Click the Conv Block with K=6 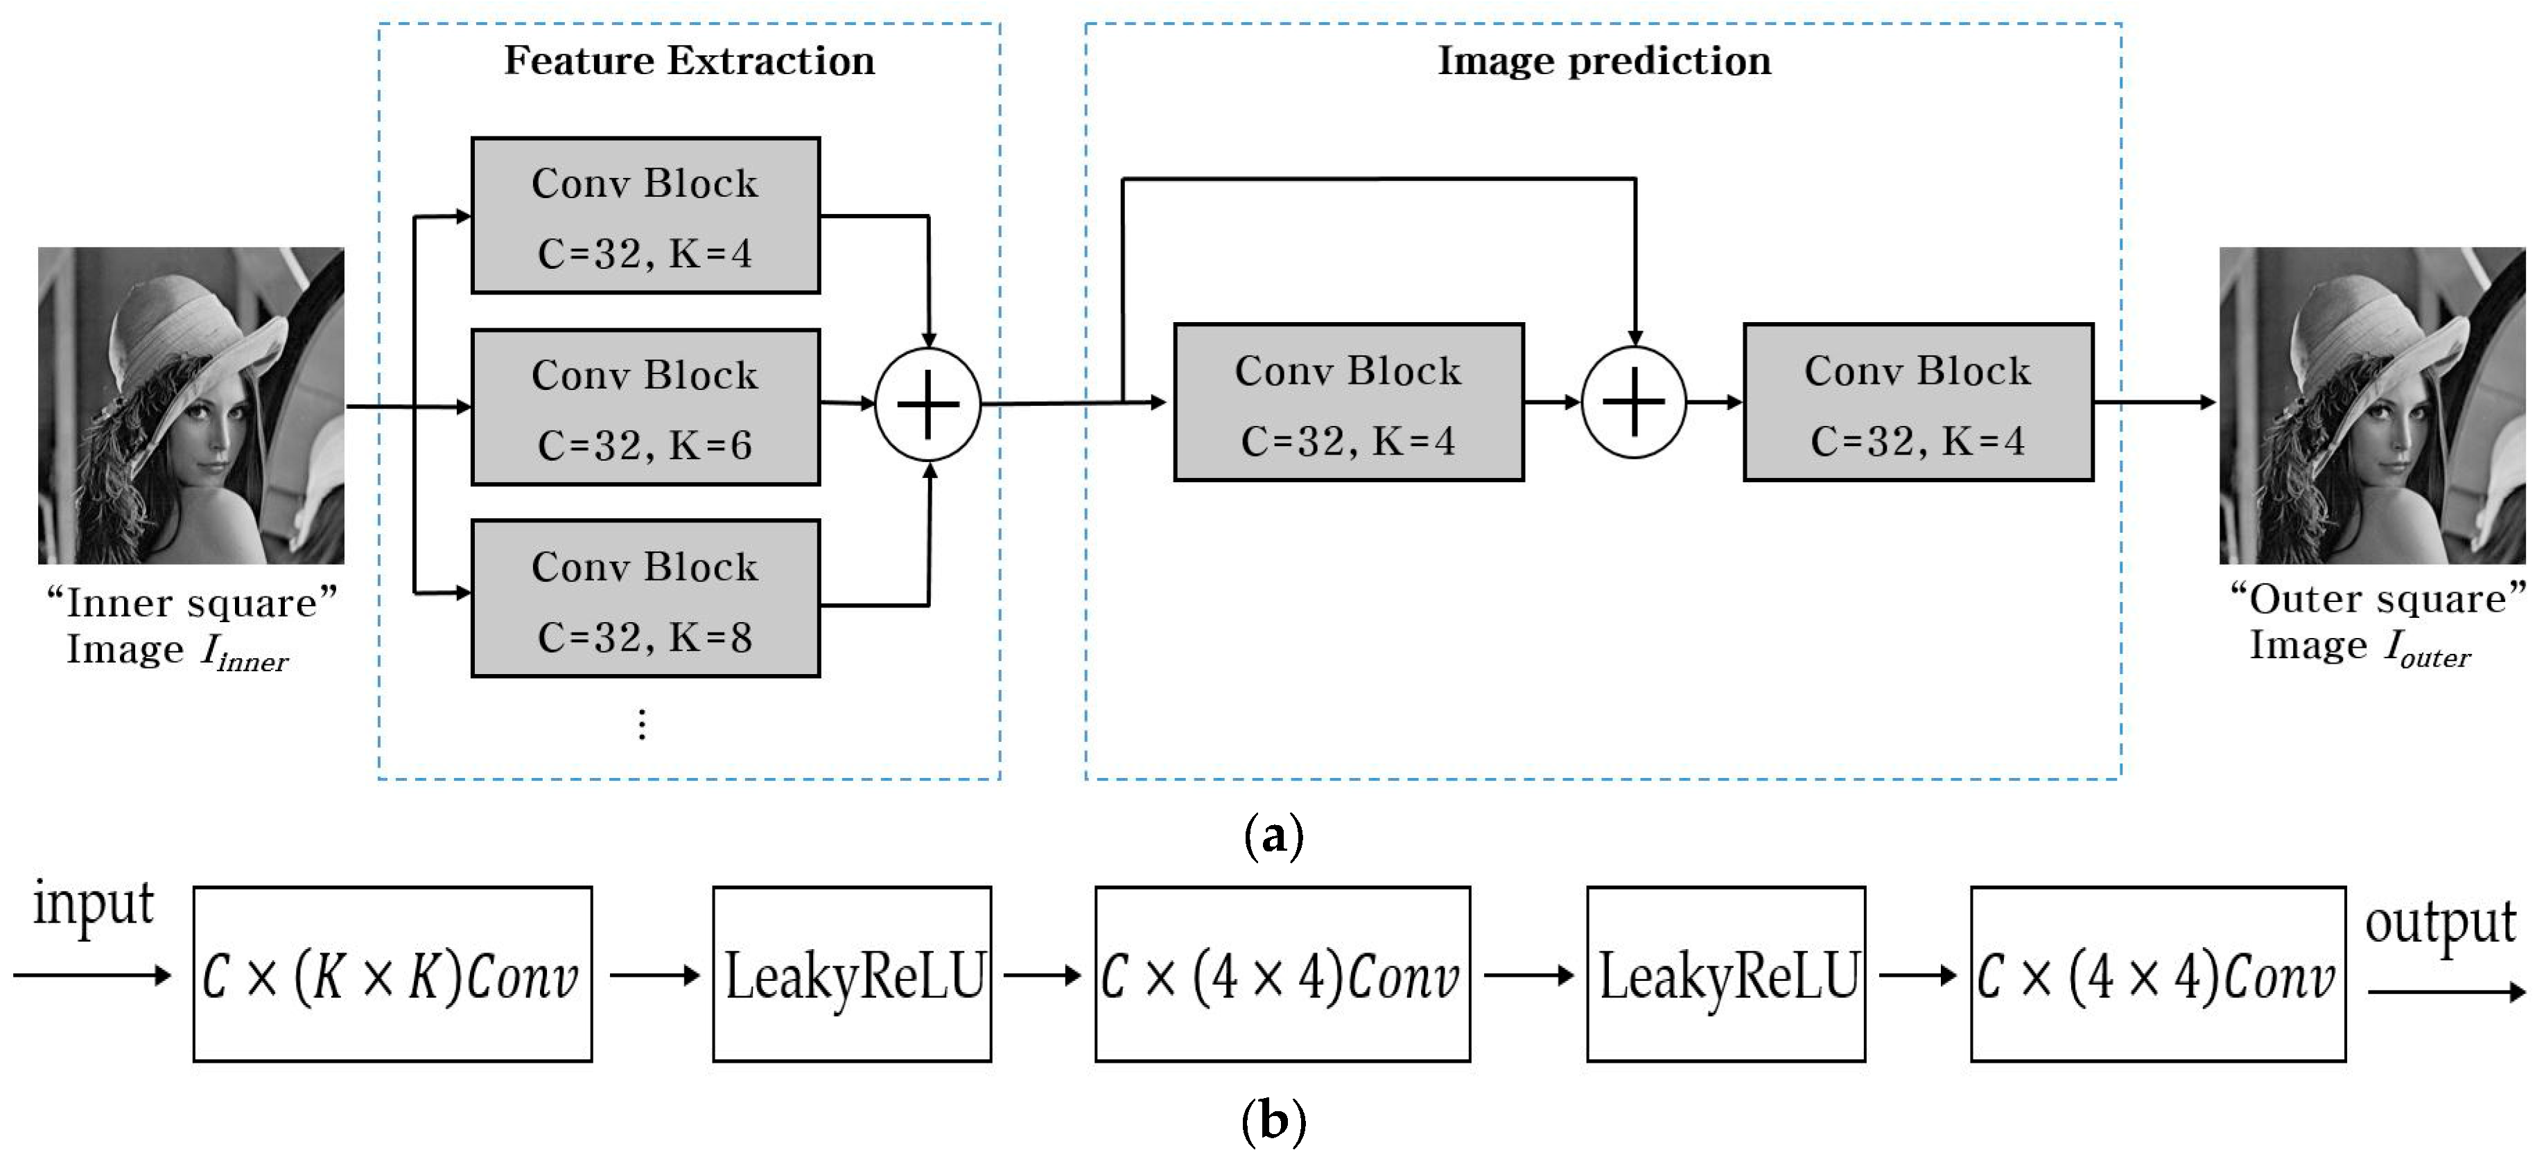click(645, 407)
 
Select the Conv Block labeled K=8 click(645, 599)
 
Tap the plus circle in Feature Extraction click(927, 404)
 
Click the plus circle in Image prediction click(1634, 402)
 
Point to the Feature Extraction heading click(689, 61)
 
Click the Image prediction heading click(1603, 61)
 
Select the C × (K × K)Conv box click(392, 974)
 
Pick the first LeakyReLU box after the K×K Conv click(852, 974)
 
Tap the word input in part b click(94, 904)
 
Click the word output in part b click(2439, 924)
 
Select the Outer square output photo click(2372, 405)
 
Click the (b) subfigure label click(1272, 1122)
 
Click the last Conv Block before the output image click(1917, 402)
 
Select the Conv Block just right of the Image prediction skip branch click(1348, 402)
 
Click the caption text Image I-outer click(2360, 647)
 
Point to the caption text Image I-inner click(178, 652)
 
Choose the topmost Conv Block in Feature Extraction click(645, 215)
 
